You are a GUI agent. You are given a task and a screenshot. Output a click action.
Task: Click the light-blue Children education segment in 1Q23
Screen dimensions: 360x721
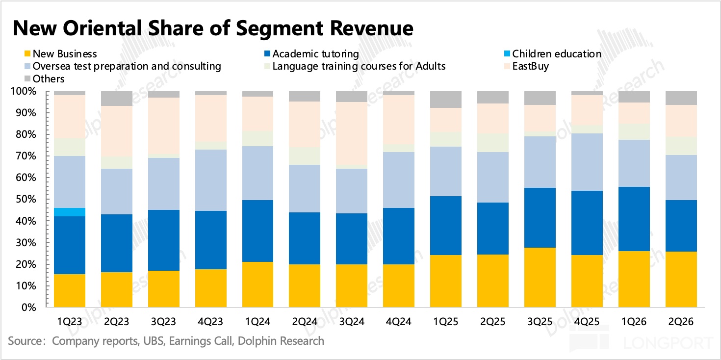(x=70, y=212)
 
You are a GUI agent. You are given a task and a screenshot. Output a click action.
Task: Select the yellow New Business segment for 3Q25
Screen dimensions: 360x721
(x=541, y=278)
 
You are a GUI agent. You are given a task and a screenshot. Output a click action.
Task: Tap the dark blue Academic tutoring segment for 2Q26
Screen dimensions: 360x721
(x=681, y=226)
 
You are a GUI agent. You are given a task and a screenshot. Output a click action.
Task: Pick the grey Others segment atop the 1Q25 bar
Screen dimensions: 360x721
(x=446, y=100)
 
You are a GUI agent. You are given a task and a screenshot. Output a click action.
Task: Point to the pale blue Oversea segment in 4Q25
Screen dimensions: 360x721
(x=587, y=162)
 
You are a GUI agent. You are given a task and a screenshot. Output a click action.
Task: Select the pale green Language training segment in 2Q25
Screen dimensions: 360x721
(x=493, y=143)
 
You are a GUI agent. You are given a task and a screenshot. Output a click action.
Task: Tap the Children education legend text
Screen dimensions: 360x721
(x=557, y=53)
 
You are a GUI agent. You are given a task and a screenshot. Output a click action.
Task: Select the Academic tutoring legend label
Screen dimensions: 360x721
(x=316, y=53)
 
